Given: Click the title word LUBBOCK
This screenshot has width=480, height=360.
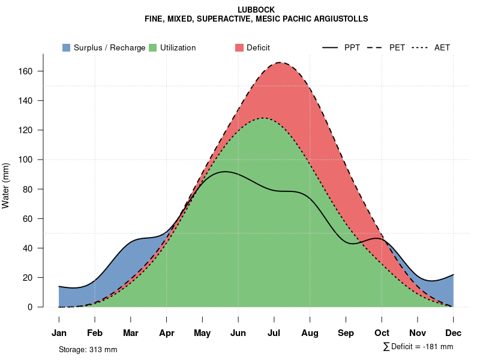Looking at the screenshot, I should pyautogui.click(x=256, y=10).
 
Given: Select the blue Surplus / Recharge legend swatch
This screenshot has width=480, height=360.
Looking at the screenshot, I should pyautogui.click(x=66, y=47).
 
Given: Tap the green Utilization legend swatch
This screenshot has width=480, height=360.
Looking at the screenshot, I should pyautogui.click(x=152, y=47).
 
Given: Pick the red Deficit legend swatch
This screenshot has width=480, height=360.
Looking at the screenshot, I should pyautogui.click(x=239, y=47).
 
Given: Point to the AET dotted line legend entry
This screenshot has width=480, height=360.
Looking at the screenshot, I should pyautogui.click(x=431, y=47).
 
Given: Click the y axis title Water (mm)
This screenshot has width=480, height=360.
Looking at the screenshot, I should pyautogui.click(x=6, y=185).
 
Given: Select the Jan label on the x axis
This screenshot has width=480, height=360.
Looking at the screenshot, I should pyautogui.click(x=59, y=333).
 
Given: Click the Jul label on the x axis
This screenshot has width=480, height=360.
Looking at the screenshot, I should pyautogui.click(x=274, y=333).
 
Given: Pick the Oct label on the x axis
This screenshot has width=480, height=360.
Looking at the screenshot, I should pyautogui.click(x=382, y=333).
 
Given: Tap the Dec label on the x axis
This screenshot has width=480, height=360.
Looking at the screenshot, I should pyautogui.click(x=453, y=333).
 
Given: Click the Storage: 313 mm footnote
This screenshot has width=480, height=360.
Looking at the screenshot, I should pyautogui.click(x=88, y=349).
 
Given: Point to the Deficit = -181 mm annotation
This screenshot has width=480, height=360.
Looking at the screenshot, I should pyautogui.click(x=418, y=347).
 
